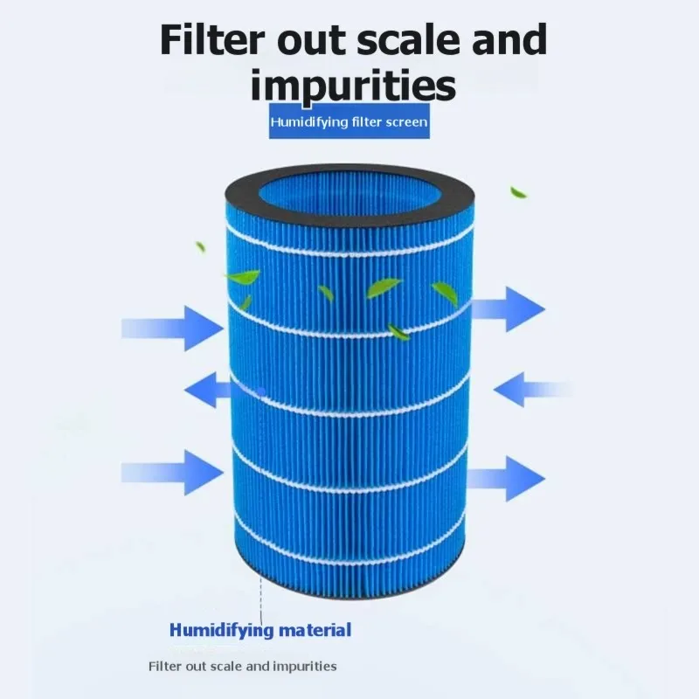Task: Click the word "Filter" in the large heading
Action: [x=211, y=39]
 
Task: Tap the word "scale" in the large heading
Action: [x=408, y=39]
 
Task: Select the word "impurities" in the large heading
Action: [x=353, y=85]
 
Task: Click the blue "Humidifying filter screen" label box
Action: [x=349, y=121]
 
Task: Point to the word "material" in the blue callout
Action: [x=315, y=630]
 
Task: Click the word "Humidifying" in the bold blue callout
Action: [x=222, y=631]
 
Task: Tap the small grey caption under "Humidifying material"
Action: [x=243, y=666]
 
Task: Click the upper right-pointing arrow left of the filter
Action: [x=172, y=329]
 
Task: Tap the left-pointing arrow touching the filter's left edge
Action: [x=208, y=390]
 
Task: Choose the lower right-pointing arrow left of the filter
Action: [x=172, y=473]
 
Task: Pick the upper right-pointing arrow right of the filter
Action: [x=509, y=309]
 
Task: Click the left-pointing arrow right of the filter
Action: [x=533, y=389]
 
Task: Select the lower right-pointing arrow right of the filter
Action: [x=507, y=478]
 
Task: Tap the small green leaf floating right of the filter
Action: [x=518, y=192]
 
